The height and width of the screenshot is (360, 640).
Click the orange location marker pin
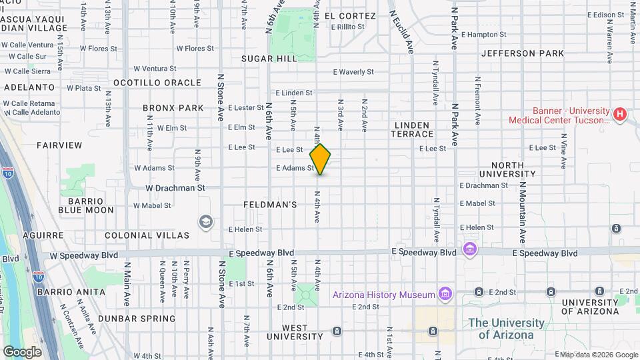pyautogui.click(x=321, y=159)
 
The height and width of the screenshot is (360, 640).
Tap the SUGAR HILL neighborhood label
pyautogui.click(x=269, y=59)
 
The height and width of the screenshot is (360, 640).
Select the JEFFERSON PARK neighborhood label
pyautogui.click(x=522, y=53)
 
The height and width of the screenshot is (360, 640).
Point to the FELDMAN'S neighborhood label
pyautogui.click(x=270, y=205)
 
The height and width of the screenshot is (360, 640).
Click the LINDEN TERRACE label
pyautogui.click(x=414, y=129)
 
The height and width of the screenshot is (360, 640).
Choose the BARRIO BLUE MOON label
pyautogui.click(x=86, y=205)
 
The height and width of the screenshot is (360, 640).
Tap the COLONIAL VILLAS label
pyautogui.click(x=147, y=235)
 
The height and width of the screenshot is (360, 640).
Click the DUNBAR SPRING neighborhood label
pyautogui.click(x=137, y=319)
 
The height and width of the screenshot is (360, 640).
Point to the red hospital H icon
pyautogui.click(x=620, y=115)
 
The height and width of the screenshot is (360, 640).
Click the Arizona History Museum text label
pyautogui.click(x=384, y=295)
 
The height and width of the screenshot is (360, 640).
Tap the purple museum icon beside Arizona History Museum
pyautogui.click(x=445, y=294)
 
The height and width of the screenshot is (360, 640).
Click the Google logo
pyautogui.click(x=22, y=351)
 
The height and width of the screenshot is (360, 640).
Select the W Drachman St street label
pyautogui.click(x=175, y=188)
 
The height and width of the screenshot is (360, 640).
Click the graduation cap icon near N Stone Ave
pyautogui.click(x=206, y=221)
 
